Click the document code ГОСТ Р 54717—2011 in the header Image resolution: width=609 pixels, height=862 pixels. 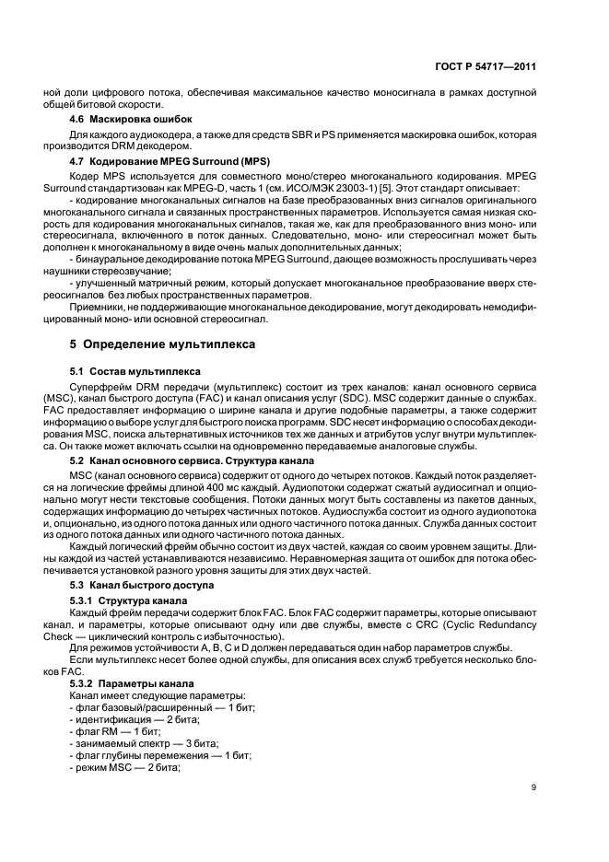click(x=486, y=67)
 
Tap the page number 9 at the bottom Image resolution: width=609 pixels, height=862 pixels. click(x=533, y=786)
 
